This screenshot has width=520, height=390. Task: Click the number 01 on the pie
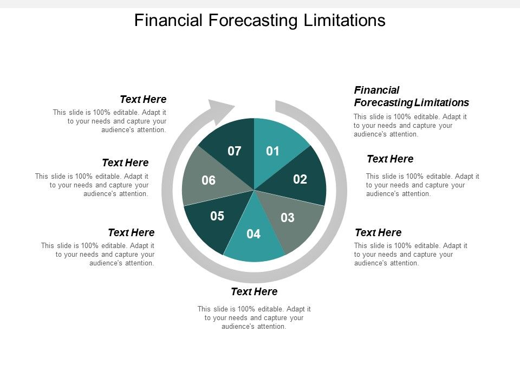[272, 151]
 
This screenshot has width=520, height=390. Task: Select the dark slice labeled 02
[300, 179]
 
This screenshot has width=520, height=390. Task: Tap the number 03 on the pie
[287, 218]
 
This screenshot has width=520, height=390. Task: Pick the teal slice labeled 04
[253, 235]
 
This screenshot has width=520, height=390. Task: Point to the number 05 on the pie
[217, 216]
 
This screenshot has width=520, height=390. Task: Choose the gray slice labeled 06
[209, 180]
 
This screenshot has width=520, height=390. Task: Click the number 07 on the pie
[234, 151]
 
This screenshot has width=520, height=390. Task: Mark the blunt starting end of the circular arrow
[277, 106]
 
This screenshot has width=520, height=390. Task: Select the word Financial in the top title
[168, 20]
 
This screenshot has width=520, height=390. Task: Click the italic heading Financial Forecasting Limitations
[411, 96]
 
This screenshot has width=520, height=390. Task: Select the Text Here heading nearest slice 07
[143, 99]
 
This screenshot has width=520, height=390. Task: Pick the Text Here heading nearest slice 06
[125, 162]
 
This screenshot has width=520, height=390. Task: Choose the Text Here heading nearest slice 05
[131, 232]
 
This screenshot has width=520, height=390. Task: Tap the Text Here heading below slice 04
[254, 292]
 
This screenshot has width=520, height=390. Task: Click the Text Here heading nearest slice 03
[378, 232]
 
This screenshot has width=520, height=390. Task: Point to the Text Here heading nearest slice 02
[390, 159]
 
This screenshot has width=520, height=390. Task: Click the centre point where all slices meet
[254, 190]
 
